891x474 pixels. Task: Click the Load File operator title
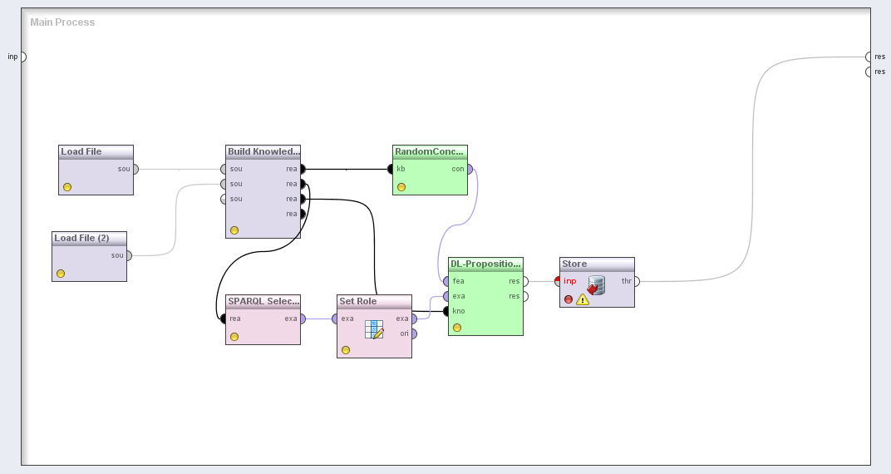pyautogui.click(x=81, y=151)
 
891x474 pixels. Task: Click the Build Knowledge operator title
pyautogui.click(x=263, y=151)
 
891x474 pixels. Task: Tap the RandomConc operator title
pyautogui.click(x=430, y=151)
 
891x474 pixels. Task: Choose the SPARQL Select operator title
pyautogui.click(x=263, y=301)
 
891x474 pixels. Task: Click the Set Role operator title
pyautogui.click(x=358, y=301)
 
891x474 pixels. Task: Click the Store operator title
pyautogui.click(x=574, y=264)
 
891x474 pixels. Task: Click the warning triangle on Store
pyautogui.click(x=583, y=299)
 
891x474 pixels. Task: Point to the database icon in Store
pyautogui.click(x=595, y=285)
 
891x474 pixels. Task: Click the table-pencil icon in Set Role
pyautogui.click(x=374, y=329)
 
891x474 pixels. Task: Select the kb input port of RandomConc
pyautogui.click(x=391, y=169)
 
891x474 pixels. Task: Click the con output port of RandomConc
pyautogui.click(x=470, y=169)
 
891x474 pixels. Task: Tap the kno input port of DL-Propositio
pyautogui.click(x=446, y=311)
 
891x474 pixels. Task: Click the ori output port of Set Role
pyautogui.click(x=414, y=333)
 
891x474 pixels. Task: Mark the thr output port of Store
pyautogui.click(x=637, y=281)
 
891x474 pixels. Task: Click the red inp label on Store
pyautogui.click(x=570, y=281)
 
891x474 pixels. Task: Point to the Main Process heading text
pyautogui.click(x=62, y=22)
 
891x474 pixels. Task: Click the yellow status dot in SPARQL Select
pyautogui.click(x=234, y=337)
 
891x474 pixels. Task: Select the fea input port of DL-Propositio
pyautogui.click(x=446, y=281)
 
